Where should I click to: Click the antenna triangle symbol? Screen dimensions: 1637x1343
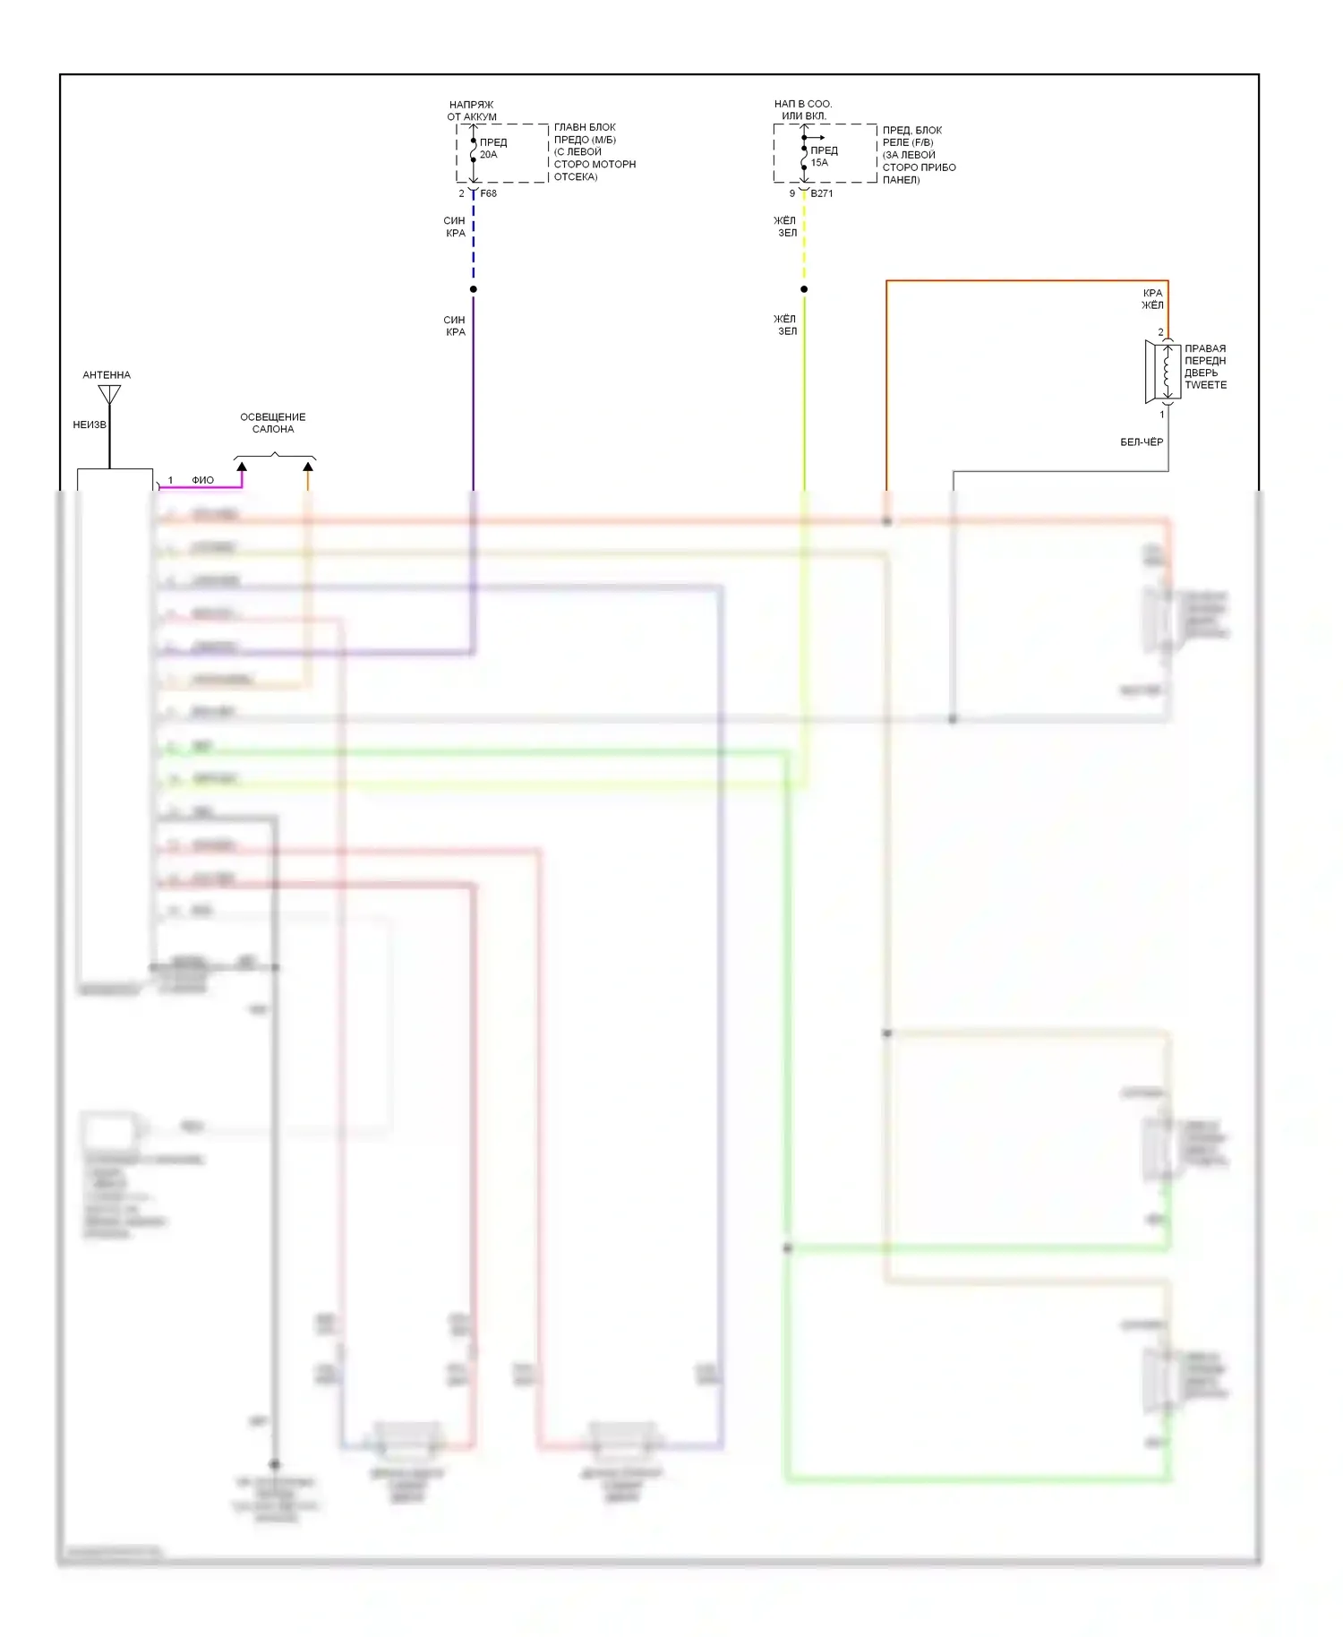(x=109, y=394)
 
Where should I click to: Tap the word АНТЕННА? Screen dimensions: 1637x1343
(x=107, y=375)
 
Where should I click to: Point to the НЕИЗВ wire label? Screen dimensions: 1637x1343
(x=89, y=424)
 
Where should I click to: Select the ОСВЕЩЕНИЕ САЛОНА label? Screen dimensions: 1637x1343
(x=273, y=424)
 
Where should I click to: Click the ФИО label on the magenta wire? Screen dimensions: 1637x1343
(x=203, y=481)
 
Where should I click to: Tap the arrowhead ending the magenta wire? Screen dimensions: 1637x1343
(x=242, y=467)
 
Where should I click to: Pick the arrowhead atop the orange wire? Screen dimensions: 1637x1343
(x=308, y=467)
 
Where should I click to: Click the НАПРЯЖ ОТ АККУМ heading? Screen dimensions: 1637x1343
(x=472, y=111)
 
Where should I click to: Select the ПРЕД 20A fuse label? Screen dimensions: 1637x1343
(x=492, y=149)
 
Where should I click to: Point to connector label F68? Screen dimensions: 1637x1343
(x=488, y=193)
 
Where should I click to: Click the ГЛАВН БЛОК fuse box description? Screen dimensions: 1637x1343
(x=595, y=152)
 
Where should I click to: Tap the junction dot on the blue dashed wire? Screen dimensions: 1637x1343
(x=474, y=289)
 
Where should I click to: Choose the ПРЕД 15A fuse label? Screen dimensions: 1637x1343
(x=824, y=157)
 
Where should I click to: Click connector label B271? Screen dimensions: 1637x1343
(x=822, y=193)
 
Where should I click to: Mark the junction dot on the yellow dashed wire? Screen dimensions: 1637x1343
(x=804, y=289)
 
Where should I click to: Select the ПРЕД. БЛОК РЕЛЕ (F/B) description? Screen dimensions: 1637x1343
(x=919, y=155)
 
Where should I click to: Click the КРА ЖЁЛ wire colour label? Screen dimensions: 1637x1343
(x=1152, y=299)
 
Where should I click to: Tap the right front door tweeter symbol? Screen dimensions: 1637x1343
(x=1162, y=372)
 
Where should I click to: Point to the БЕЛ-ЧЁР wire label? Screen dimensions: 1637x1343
(x=1142, y=442)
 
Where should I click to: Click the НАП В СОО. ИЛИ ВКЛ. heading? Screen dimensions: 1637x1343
(x=803, y=110)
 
